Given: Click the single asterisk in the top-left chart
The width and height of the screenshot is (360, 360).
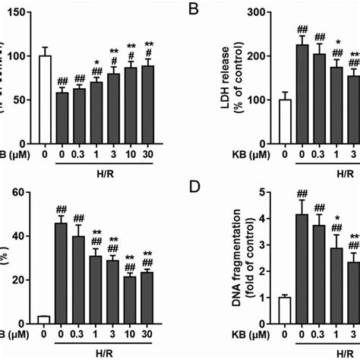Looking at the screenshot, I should pyautogui.click(x=96, y=63).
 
